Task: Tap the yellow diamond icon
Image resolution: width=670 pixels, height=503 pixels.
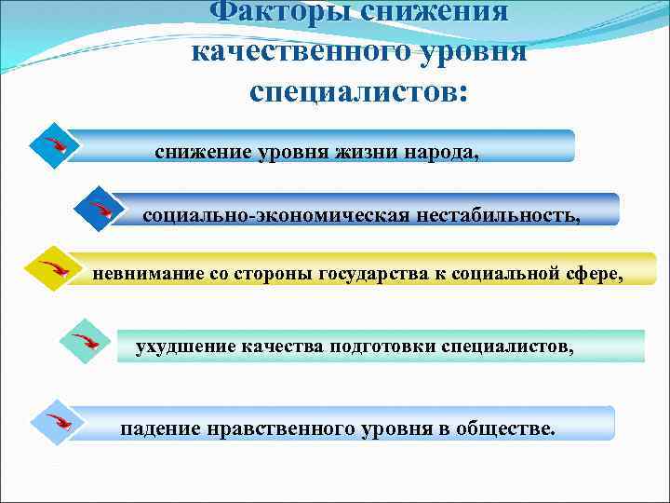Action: pyautogui.click(x=48, y=269)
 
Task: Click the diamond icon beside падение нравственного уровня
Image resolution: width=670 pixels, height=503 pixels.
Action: pyautogui.click(x=52, y=421)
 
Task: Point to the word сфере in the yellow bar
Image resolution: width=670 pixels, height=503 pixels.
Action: pyautogui.click(x=592, y=273)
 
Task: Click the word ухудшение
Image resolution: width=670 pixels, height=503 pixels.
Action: pyautogui.click(x=185, y=347)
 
